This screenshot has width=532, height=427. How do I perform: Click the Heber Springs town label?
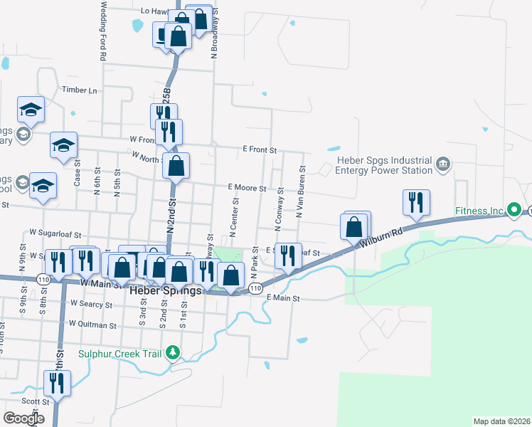pyautogui.click(x=165, y=291)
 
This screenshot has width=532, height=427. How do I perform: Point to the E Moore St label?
pyautogui.click(x=247, y=189)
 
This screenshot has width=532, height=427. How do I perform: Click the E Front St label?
pyautogui.click(x=259, y=150)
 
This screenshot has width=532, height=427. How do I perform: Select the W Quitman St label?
pyautogui.click(x=92, y=325)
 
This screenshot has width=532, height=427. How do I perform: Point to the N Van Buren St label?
pyautogui.click(x=301, y=192)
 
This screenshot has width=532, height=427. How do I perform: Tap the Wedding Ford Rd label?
pyautogui.click(x=104, y=30)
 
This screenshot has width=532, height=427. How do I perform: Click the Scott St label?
pyautogui.click(x=30, y=401)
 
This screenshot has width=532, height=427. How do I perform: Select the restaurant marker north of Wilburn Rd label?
pyautogui.click(x=415, y=203)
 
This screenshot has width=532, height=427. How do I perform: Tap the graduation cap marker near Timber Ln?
pyautogui.click(x=31, y=110)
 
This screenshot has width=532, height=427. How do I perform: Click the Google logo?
pyautogui.click(x=23, y=418)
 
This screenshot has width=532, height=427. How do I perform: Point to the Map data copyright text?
pyautogui.click(x=501, y=421)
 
